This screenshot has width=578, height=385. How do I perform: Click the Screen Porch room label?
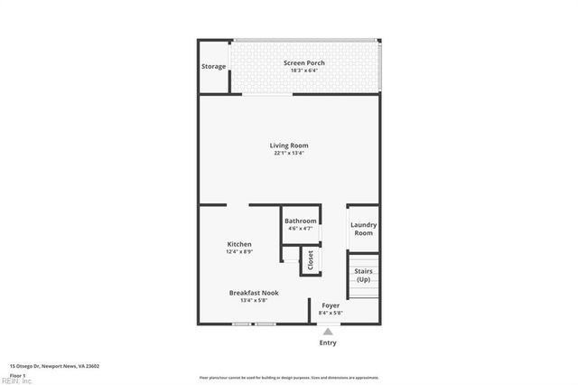pos(303,62)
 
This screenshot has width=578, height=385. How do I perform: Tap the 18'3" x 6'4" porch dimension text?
pos(303,70)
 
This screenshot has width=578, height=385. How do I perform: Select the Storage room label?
pos(213,66)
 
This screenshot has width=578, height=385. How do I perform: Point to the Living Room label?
pos(289,146)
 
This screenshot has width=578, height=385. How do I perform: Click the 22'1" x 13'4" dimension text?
pos(289,153)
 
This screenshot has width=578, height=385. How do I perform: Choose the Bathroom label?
pos(301,221)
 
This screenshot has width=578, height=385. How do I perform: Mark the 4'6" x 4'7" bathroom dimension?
pos(301,228)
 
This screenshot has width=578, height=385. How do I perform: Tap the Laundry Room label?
pos(363,229)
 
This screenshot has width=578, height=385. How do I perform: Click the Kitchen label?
pos(239,244)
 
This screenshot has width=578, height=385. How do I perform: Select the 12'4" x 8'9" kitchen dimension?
pos(239,251)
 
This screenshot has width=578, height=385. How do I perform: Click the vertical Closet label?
pos(310,260)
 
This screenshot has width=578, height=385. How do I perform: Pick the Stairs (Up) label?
pos(363,275)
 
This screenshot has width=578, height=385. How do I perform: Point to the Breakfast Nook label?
pos(253,293)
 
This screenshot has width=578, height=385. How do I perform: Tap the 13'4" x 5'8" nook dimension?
pos(253,300)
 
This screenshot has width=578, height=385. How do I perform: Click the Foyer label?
pos(331,305)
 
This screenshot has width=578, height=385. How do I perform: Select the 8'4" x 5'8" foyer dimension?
pos(331,313)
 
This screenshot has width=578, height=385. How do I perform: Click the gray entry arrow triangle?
pos(328,332)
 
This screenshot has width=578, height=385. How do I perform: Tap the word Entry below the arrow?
pos(328,343)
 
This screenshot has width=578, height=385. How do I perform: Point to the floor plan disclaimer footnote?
pos(289,378)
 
